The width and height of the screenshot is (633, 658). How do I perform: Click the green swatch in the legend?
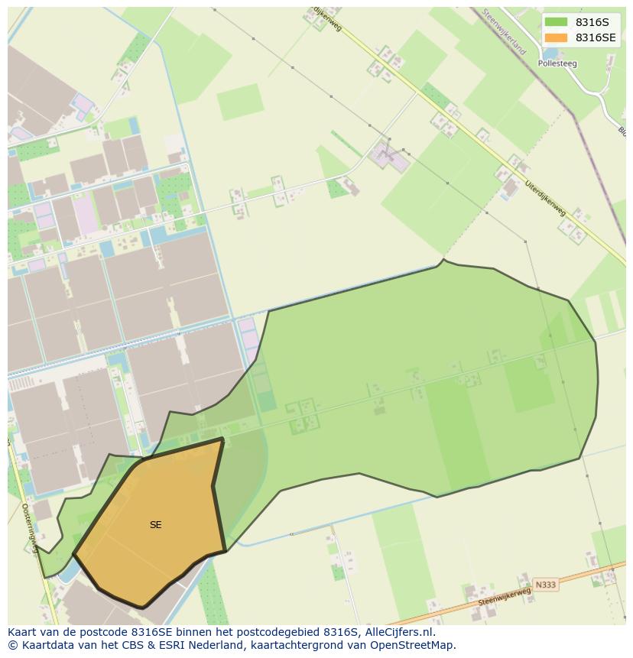[557, 22]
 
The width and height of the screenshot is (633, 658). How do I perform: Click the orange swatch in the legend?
[557, 37]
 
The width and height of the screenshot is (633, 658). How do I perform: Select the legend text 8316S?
[592, 22]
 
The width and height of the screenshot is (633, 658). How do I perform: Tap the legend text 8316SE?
[596, 37]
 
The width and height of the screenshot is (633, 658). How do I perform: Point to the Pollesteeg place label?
[557, 64]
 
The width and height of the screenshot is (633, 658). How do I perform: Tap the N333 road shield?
[546, 585]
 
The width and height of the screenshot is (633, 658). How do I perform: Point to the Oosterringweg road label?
[30, 527]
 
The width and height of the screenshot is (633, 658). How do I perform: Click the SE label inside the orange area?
[156, 525]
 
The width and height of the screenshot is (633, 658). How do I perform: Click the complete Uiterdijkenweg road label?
[545, 197]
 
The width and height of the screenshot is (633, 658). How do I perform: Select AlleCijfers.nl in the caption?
[400, 632]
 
